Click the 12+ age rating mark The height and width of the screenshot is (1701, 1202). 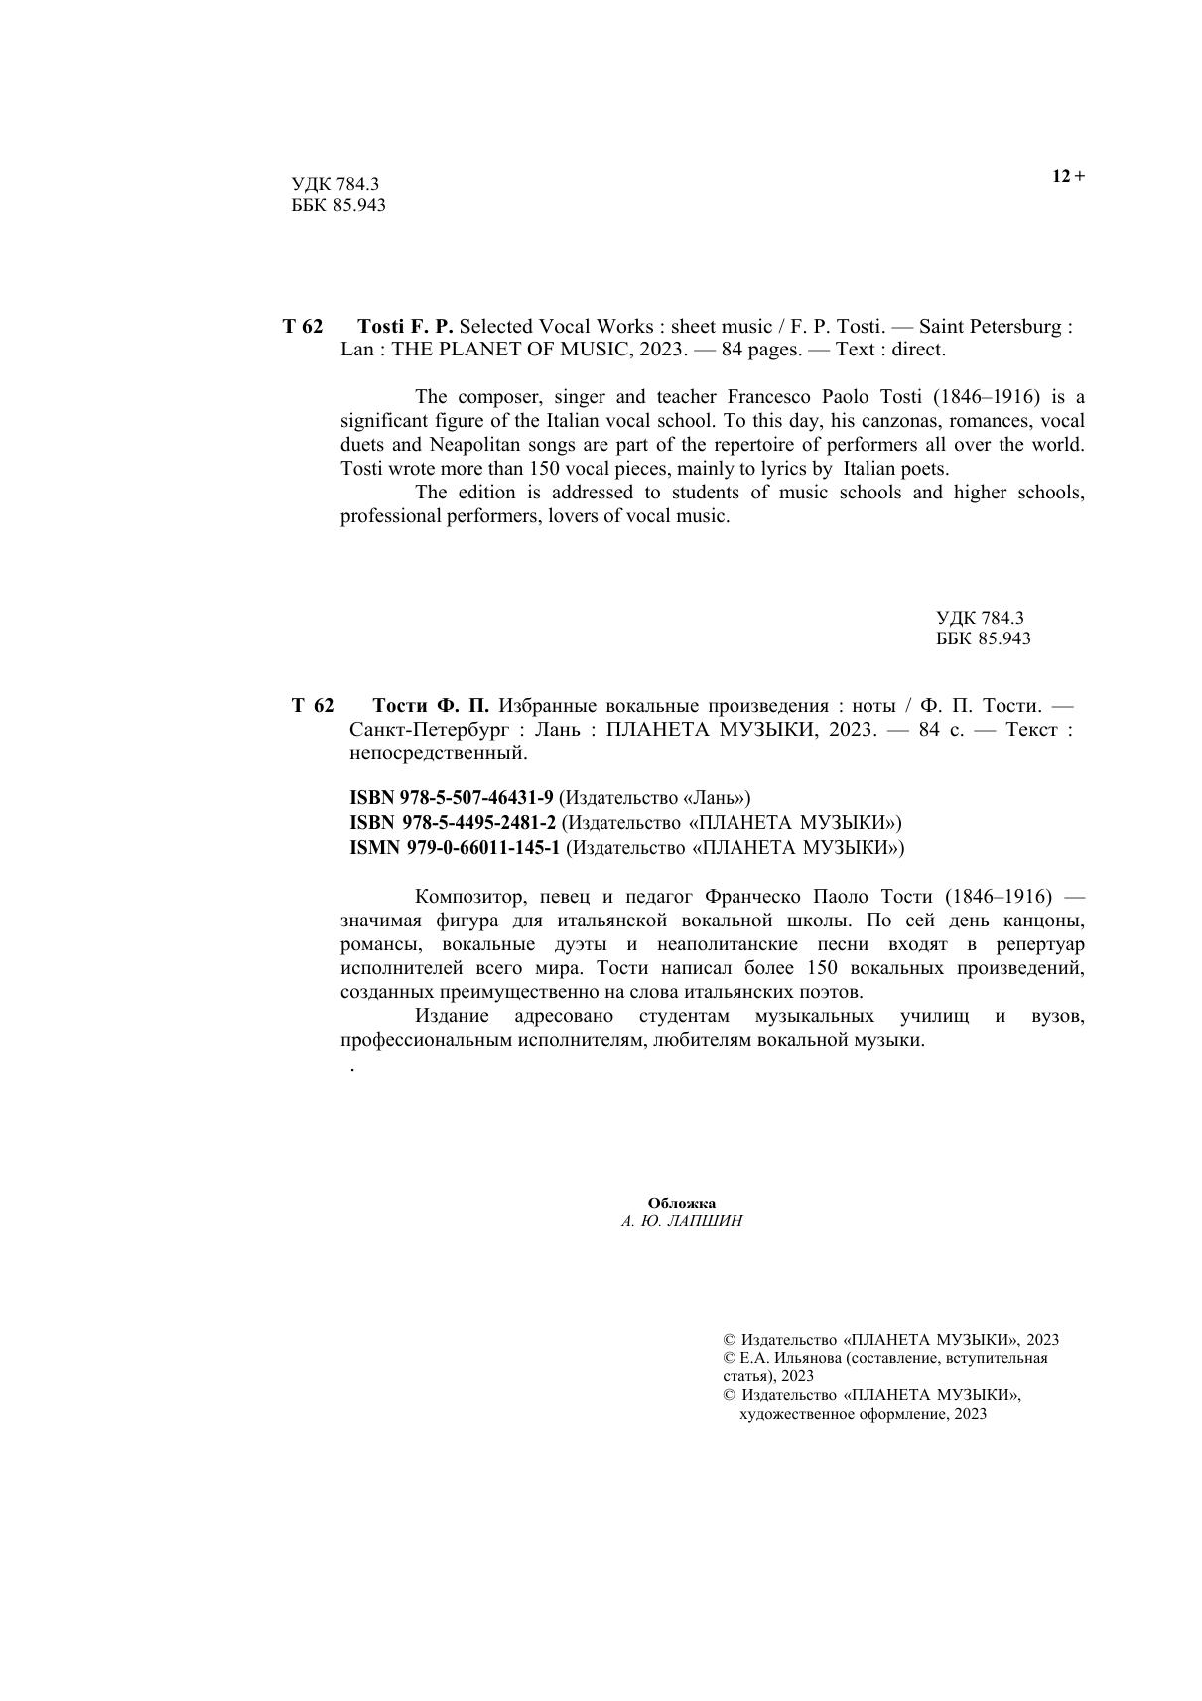point(1068,177)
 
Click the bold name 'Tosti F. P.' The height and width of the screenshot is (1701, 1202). point(404,326)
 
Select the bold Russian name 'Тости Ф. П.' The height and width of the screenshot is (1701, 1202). point(431,706)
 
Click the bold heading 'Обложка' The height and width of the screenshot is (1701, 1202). point(681,1204)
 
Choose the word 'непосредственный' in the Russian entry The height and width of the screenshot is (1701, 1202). point(438,754)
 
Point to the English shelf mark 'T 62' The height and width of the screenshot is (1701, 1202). point(302,326)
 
